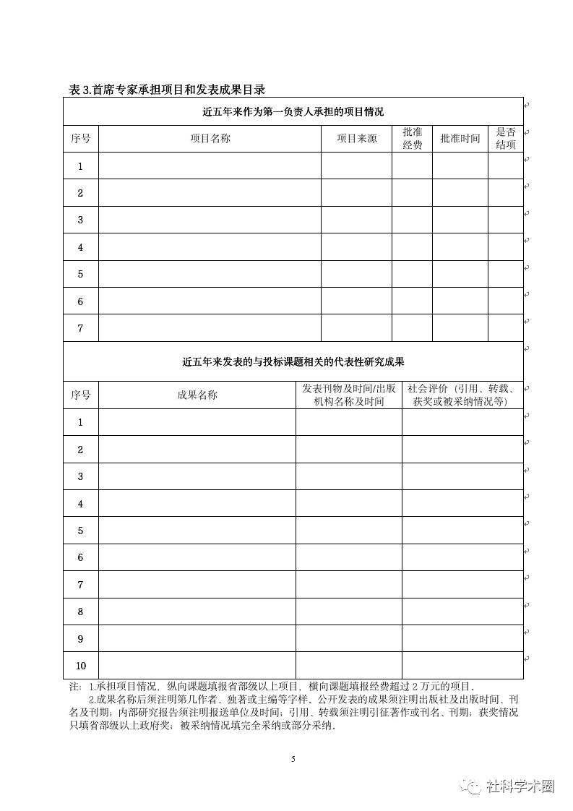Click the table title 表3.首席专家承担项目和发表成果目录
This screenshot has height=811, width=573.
167,90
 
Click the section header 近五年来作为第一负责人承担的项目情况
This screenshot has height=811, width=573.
293,112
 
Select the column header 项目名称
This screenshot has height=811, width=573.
210,139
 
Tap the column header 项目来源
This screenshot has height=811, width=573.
356,139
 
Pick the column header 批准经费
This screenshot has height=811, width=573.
412,139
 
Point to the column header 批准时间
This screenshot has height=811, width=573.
460,139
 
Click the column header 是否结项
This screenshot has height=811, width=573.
505,139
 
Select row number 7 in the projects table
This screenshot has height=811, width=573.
80,328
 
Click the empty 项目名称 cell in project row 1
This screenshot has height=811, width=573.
210,166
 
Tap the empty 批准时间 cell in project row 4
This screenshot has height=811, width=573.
460,247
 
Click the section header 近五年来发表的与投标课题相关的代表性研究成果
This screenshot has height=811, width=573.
293,361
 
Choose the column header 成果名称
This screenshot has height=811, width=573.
197,395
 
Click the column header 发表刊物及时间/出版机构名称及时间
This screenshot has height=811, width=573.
348,395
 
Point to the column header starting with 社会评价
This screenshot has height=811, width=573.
462,395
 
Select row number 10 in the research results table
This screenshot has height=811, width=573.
80,666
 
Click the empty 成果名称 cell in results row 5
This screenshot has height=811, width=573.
197,531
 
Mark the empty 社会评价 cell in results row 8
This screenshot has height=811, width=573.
462,612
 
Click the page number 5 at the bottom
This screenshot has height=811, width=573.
293,759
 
